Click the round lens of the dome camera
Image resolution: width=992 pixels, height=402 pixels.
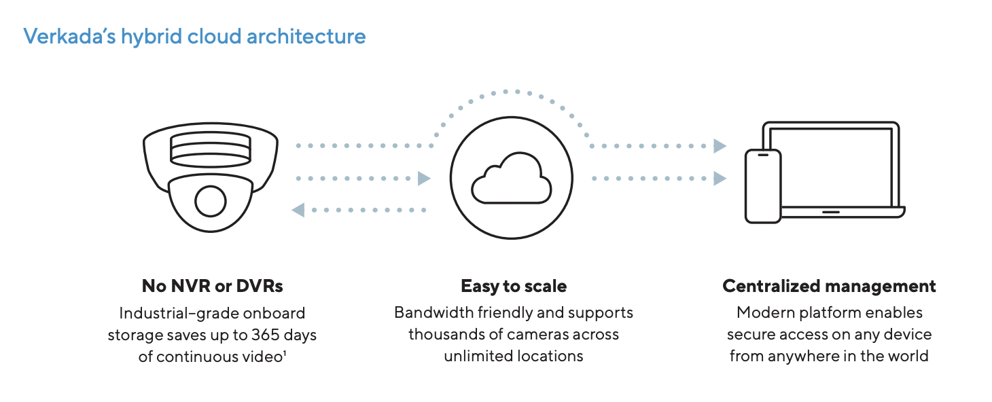pyautogui.click(x=210, y=200)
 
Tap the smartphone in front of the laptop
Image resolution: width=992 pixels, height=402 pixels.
pyautogui.click(x=762, y=185)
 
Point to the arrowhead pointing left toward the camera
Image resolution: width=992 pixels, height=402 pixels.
pyautogui.click(x=298, y=211)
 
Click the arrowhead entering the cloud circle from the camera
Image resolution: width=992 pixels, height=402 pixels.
pyautogui.click(x=424, y=179)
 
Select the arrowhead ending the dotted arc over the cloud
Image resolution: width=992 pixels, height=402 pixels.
pyautogui.click(x=720, y=146)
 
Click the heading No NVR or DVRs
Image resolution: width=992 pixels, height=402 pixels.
pyautogui.click(x=212, y=287)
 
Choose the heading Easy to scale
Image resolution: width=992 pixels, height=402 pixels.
pyautogui.click(x=514, y=287)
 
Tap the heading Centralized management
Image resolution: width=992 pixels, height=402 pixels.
pyautogui.click(x=829, y=287)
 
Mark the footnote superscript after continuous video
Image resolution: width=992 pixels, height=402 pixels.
pyautogui.click(x=283, y=352)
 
